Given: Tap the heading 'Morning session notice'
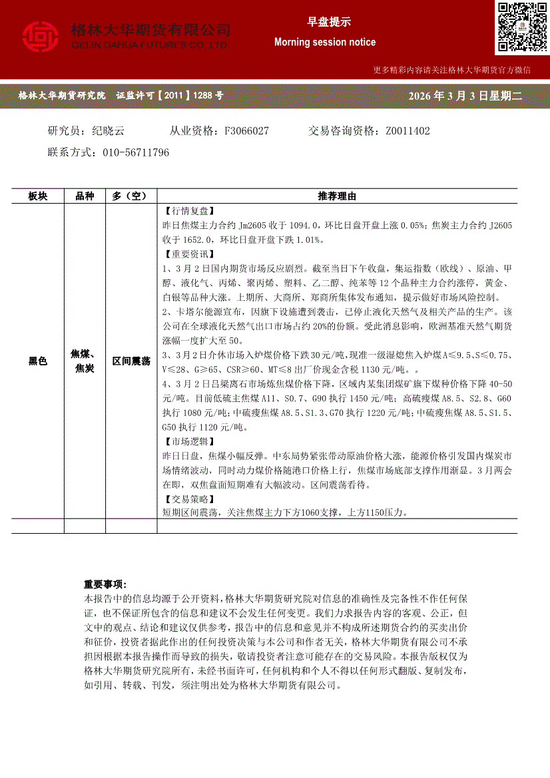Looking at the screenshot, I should click(x=325, y=42).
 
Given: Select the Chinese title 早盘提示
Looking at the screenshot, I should click(x=325, y=21).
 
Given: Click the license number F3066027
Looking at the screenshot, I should click(x=247, y=131).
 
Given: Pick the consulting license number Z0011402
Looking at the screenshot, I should click(x=408, y=131).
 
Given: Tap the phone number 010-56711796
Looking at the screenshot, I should click(x=136, y=152).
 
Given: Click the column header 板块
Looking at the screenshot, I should click(x=38, y=196).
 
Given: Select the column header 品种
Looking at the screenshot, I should click(x=85, y=196).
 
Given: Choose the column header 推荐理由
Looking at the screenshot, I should click(x=337, y=196).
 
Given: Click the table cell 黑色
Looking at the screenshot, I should click(x=38, y=361).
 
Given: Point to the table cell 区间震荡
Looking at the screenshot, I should click(x=131, y=361).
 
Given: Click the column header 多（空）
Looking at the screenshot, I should click(x=131, y=196).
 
